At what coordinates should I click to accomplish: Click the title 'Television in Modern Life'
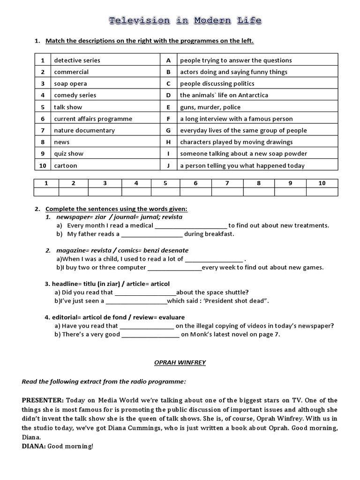point(185,21)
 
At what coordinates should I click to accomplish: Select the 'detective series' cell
point(77,60)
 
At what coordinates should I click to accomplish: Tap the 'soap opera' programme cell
point(70,83)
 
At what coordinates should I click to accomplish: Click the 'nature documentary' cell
point(84,130)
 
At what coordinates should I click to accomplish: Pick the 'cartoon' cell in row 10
point(65,165)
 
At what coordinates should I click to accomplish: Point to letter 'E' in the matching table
point(168,107)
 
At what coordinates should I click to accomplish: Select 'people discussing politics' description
point(217,83)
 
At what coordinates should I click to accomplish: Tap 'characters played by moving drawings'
point(236,142)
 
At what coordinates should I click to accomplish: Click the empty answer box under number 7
point(227,192)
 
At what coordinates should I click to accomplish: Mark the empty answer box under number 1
point(46,192)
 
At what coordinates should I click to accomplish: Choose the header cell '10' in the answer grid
point(322,183)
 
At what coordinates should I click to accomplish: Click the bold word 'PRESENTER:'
point(43,400)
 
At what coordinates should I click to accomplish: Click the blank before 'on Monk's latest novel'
point(150,335)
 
